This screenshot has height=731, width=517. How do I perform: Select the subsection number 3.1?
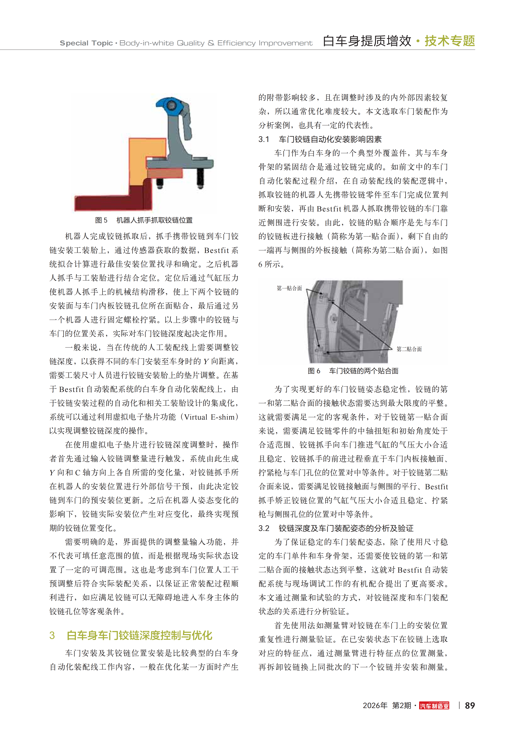tap(264, 139)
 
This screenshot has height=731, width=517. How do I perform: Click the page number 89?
tap(470, 706)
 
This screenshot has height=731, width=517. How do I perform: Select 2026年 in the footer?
tap(375, 706)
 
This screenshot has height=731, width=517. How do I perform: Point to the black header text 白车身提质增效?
tap(367, 41)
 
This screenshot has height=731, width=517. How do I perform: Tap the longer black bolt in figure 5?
tap(201, 178)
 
